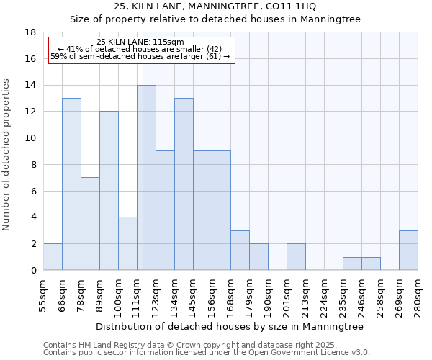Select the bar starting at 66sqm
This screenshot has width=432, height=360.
coord(71,184)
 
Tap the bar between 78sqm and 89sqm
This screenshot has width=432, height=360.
coord(90,223)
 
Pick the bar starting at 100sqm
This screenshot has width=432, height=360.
coord(127,243)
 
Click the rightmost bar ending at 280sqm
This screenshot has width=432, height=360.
coord(408,250)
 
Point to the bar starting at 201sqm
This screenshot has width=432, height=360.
coord(296,256)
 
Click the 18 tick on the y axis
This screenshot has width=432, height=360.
coord(30,32)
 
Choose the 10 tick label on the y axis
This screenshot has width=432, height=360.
coord(30,138)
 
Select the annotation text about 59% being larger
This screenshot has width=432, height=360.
coord(140,56)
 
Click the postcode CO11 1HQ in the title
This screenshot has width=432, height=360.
coord(289,6)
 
